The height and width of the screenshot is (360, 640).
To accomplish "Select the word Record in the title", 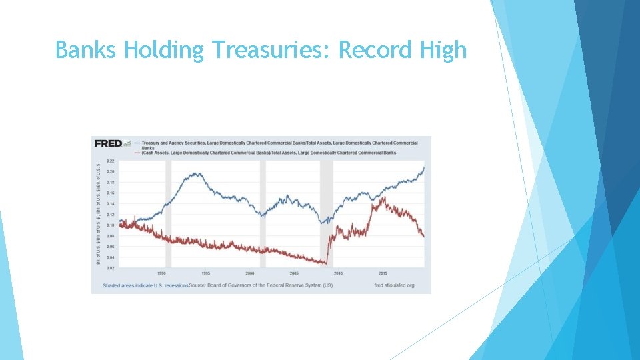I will [374, 50].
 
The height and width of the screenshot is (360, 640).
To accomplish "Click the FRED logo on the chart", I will [108, 143].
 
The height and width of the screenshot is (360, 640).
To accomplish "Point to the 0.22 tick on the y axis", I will [110, 161].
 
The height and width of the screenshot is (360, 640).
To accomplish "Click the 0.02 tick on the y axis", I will [110, 268].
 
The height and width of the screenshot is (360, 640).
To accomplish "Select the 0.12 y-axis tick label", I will [110, 215].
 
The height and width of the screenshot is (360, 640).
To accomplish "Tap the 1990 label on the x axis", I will [161, 273].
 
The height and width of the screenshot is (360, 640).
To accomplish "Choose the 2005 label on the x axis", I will [294, 273].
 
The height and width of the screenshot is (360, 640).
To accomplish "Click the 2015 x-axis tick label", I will [383, 273].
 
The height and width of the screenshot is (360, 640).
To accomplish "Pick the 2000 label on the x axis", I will [250, 273].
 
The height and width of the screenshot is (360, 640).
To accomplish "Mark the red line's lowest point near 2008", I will [327, 263].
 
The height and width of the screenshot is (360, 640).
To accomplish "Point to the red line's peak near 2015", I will [383, 198].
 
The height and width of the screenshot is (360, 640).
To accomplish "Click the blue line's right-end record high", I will [424, 167].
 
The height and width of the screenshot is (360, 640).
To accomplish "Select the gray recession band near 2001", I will [263, 213].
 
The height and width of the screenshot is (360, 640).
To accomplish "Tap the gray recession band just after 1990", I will [168, 213].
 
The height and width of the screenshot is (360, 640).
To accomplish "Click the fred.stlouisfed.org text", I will [394, 285].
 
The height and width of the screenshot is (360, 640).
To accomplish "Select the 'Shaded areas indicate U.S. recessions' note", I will [145, 285].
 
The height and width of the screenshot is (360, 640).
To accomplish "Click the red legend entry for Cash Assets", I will [267, 153].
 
